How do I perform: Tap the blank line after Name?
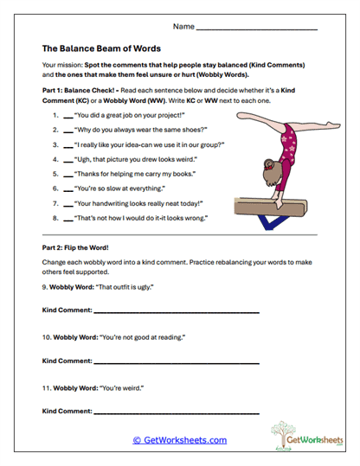click(x=257, y=29)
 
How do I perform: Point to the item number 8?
click(x=55, y=218)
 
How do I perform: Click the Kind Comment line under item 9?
click(x=177, y=310)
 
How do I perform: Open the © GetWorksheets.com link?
click(x=179, y=440)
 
